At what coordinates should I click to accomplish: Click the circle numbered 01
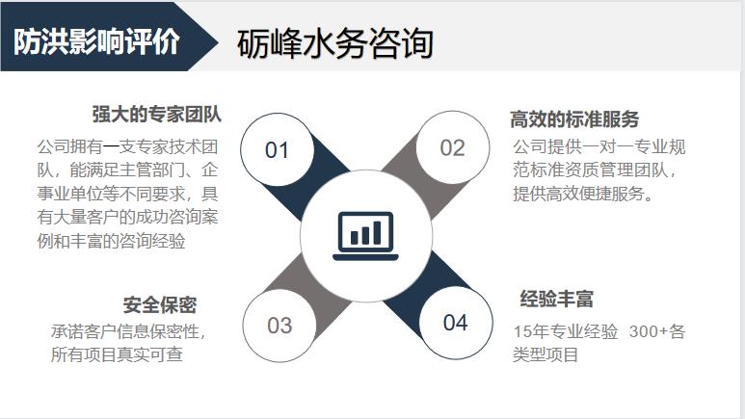[x=278, y=149]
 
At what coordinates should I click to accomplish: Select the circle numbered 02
[x=452, y=147]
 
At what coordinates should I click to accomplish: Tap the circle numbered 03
[x=279, y=325]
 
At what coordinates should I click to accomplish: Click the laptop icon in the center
[x=365, y=234]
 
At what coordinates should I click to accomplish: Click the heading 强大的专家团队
[x=157, y=114]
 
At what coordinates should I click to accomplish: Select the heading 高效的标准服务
[x=574, y=119]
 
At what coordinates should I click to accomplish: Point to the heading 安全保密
[x=160, y=305]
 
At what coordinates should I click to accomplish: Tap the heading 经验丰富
[x=556, y=299]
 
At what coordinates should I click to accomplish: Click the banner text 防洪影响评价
[x=96, y=42]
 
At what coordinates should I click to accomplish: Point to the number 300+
[x=649, y=332]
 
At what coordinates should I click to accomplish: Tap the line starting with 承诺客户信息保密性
[x=128, y=331]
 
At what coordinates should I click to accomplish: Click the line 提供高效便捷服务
[x=584, y=194]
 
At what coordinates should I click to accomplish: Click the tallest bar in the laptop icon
[x=379, y=230]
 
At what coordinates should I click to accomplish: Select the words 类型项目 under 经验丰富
[x=545, y=355]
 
